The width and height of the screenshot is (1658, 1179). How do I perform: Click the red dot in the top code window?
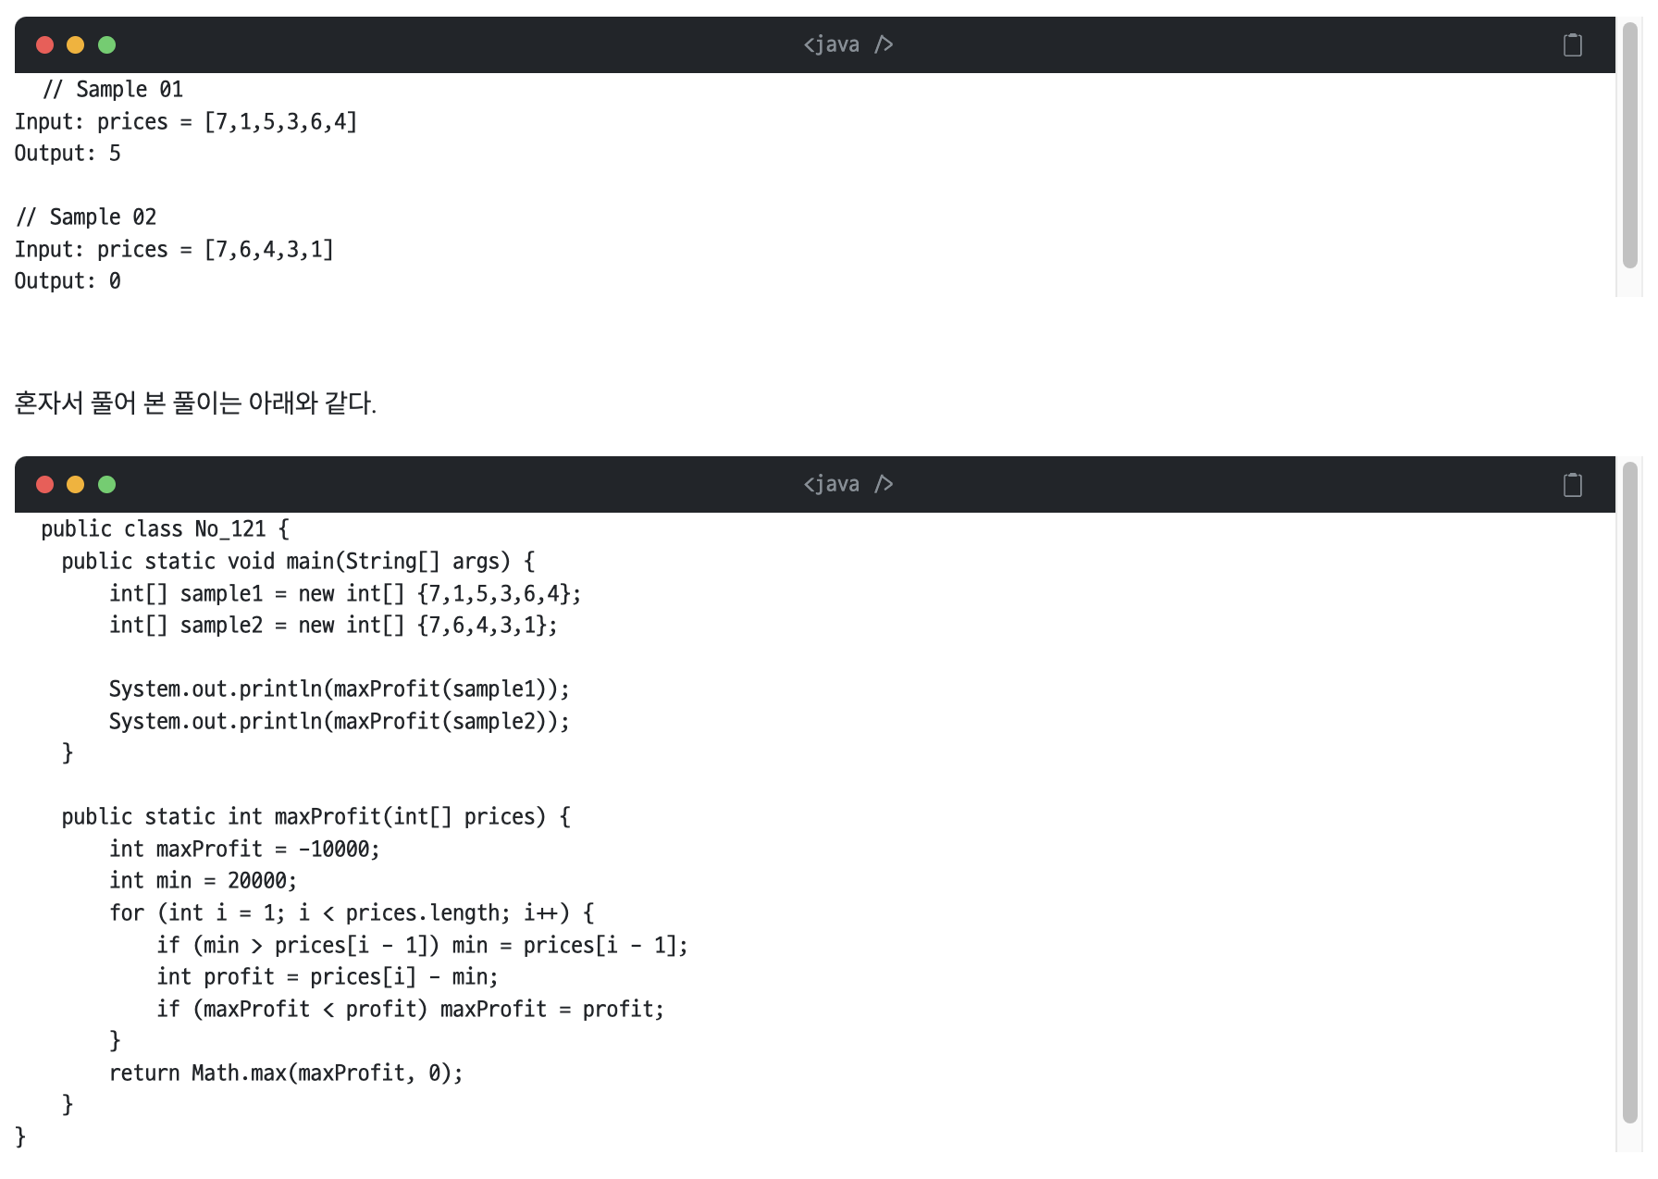[44, 44]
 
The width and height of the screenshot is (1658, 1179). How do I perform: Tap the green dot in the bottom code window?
[106, 484]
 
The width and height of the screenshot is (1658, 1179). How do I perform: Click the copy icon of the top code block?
[1572, 44]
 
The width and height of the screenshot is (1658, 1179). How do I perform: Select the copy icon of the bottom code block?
[1572, 484]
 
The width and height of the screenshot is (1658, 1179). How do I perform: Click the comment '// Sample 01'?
[113, 90]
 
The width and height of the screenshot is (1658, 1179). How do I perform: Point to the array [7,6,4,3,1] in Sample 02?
[268, 250]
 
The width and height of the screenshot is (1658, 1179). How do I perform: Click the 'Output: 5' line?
[68, 154]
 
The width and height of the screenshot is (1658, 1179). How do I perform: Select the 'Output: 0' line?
[68, 281]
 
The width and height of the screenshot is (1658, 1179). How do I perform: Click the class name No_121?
[229, 529]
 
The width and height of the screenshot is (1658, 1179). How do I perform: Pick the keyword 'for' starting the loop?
[127, 913]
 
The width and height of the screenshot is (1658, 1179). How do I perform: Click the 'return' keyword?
[144, 1074]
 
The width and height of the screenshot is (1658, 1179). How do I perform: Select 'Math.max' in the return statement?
[239, 1074]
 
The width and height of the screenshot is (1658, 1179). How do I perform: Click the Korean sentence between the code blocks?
[195, 403]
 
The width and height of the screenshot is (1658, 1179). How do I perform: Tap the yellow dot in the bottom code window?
[76, 484]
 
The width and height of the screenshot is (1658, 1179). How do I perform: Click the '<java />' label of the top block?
[848, 44]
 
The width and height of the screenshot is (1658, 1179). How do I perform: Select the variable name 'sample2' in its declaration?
[221, 626]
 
